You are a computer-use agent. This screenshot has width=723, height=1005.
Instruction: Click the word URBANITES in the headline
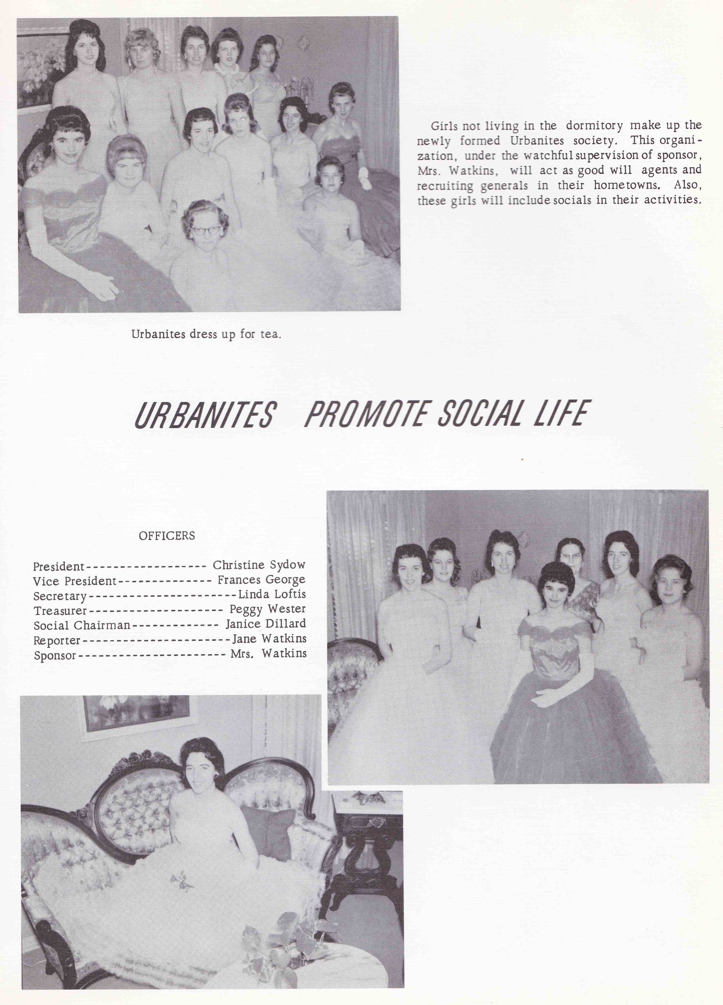[205, 414]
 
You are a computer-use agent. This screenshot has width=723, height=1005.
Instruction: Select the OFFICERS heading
[167, 536]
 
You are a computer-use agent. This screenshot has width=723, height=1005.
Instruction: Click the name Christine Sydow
[259, 565]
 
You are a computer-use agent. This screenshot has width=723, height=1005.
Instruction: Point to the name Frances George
[261, 580]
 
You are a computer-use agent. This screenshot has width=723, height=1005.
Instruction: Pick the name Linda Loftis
[272, 594]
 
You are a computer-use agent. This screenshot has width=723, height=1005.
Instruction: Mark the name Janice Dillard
[266, 624]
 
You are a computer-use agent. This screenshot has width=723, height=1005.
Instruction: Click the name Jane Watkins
[269, 639]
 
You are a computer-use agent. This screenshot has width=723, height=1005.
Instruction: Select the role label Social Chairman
[82, 626]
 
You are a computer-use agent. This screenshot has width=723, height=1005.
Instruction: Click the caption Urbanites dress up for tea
[206, 334]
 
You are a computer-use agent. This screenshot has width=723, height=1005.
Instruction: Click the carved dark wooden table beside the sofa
[367, 842]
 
